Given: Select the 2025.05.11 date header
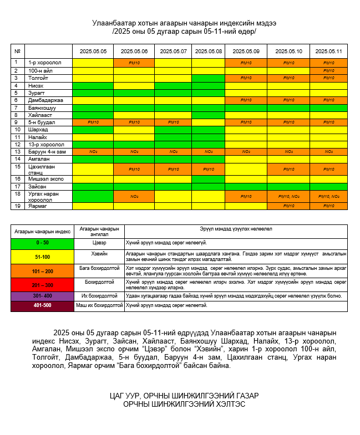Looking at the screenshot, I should pyautogui.click(x=328, y=51).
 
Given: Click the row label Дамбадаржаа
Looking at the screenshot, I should pyautogui.click(x=46, y=100).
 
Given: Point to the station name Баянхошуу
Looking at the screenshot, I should pyautogui.click(x=43, y=108).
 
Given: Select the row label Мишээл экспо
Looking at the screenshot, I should pyautogui.click(x=46, y=179).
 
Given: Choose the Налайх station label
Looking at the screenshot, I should pyautogui.click(x=38, y=137).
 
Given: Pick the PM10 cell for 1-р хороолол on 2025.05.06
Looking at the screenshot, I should pyautogui.click(x=133, y=63).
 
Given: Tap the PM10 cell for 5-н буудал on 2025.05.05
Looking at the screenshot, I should pyautogui.click(x=93, y=122).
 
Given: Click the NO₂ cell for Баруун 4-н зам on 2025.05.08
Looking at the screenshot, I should pyautogui.click(x=209, y=151).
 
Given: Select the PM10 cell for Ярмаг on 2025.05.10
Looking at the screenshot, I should pyautogui.click(x=288, y=206).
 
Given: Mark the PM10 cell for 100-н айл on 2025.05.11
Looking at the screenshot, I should pyautogui.click(x=328, y=71).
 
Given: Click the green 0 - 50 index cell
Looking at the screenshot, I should pyautogui.click(x=42, y=243).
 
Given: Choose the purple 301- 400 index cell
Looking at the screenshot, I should pyautogui.click(x=42, y=296).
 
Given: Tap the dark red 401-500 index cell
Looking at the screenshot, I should pyautogui.click(x=42, y=305).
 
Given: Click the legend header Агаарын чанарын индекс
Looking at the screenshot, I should pyautogui.click(x=42, y=231).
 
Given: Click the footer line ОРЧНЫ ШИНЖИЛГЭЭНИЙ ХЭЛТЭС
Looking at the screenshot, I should pyautogui.click(x=184, y=404).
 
